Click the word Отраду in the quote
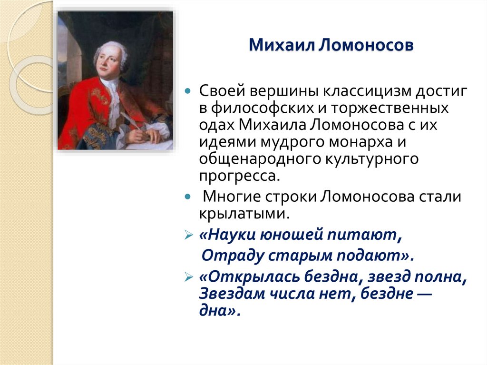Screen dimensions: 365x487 coord(229,255)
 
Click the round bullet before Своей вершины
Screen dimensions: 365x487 coord(188,90)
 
